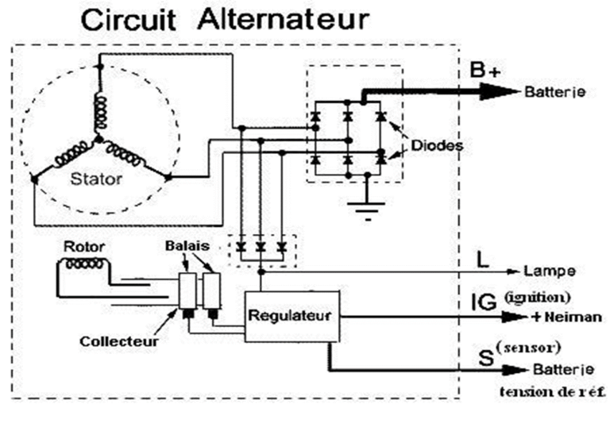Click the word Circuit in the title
128,20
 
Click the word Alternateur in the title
284,19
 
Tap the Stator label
96,179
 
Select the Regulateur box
291,317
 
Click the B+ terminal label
485,71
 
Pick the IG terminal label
484,302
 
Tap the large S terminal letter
486,357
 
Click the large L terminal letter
482,260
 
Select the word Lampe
550,271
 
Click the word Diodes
437,146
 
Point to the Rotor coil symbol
84,264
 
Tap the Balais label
187,246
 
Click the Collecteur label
119,341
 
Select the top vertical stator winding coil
100,113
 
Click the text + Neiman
566,317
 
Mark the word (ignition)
538,298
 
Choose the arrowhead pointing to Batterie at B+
500,92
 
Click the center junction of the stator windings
98,139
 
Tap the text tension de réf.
552,391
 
